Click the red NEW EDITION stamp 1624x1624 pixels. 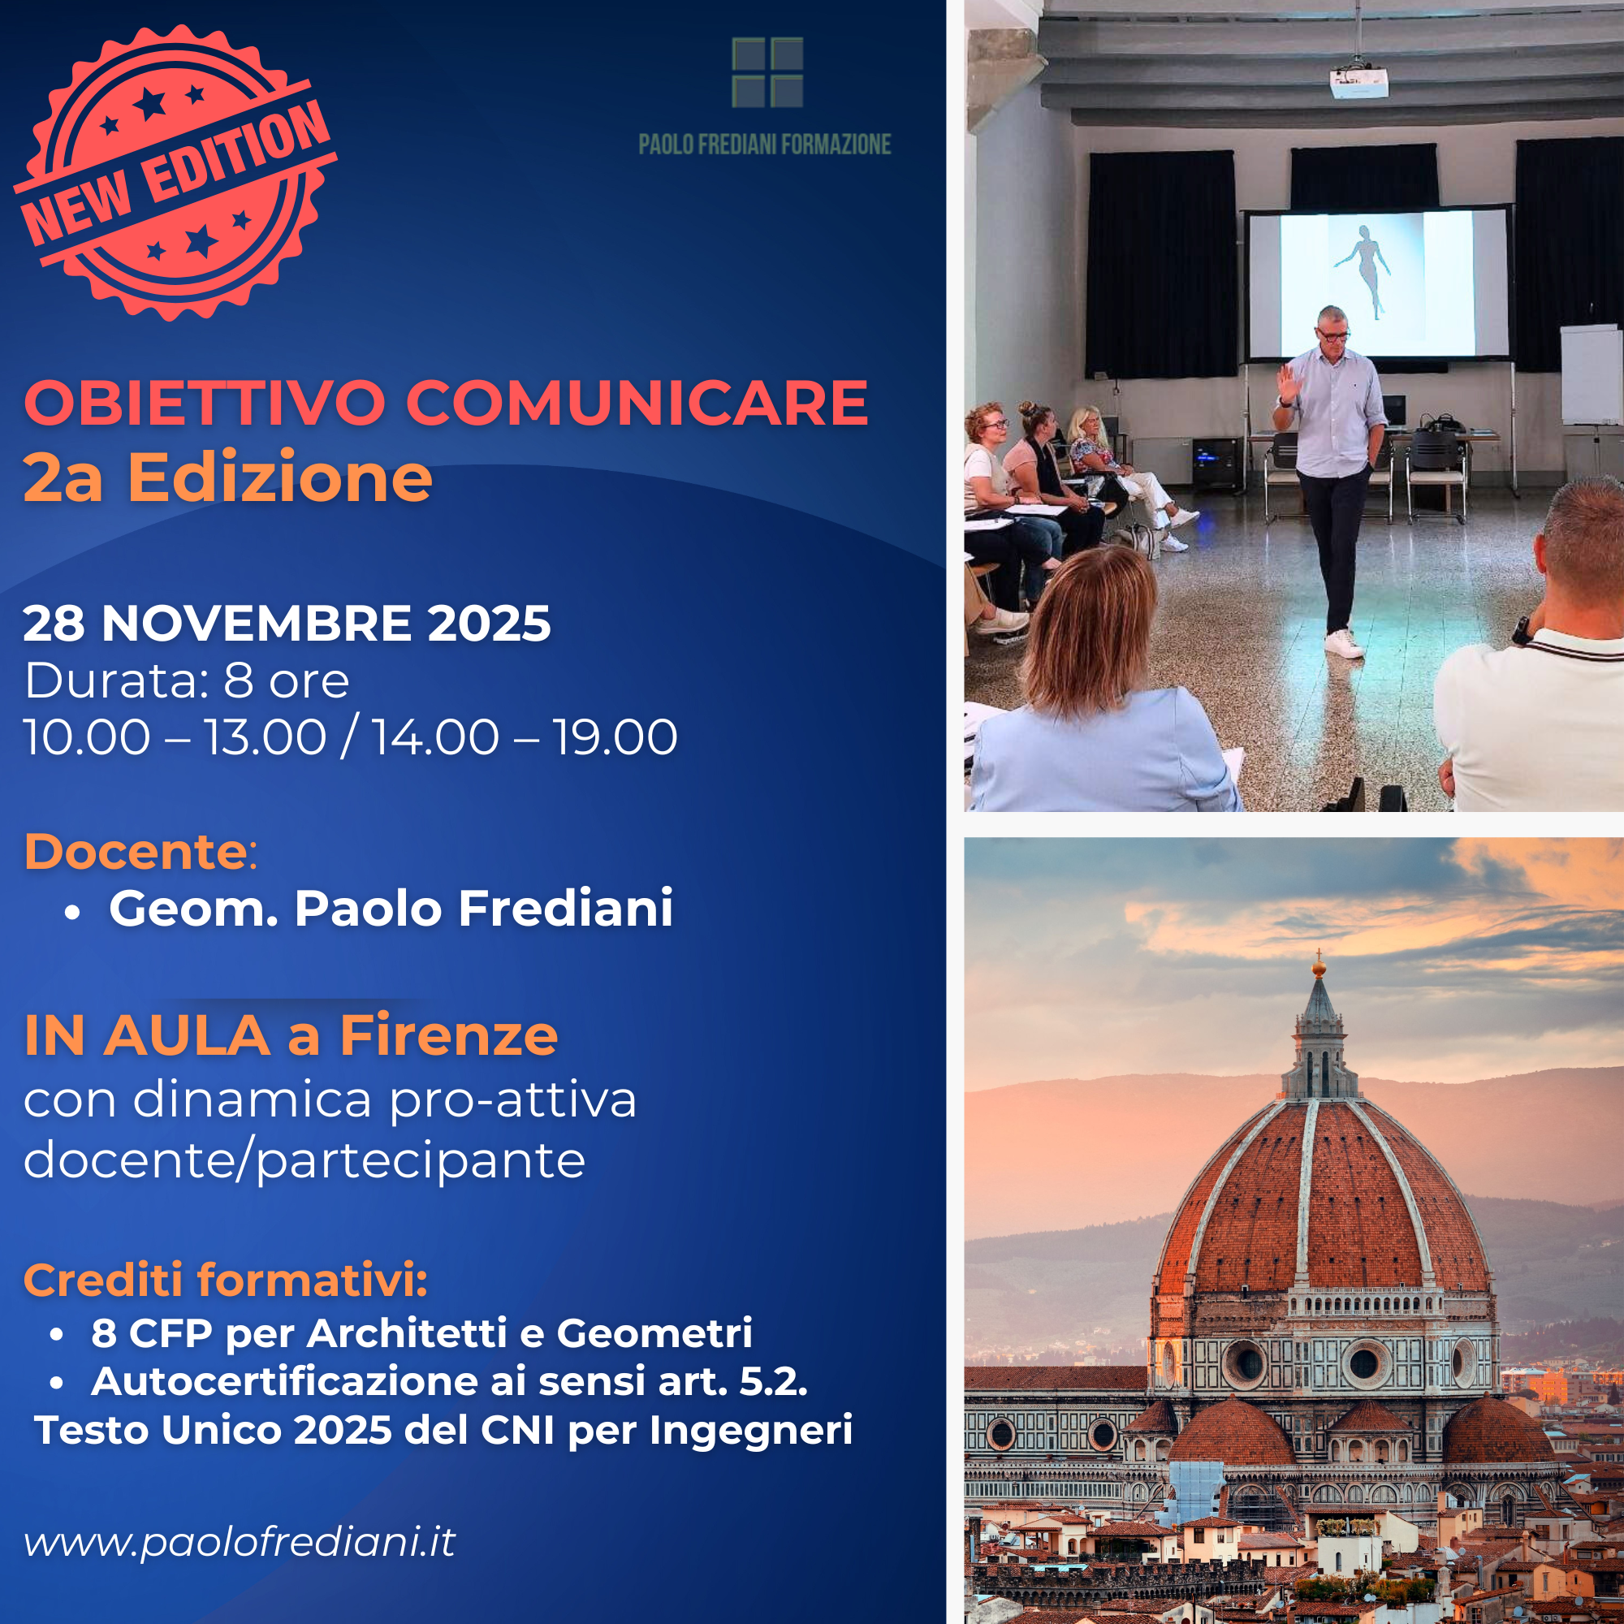coord(175,172)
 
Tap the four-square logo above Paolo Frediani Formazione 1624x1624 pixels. coord(767,72)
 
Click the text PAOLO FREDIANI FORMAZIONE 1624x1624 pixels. coord(764,145)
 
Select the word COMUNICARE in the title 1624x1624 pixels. coord(637,403)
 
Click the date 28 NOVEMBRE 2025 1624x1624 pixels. coord(287,623)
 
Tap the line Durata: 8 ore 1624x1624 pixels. coord(187,680)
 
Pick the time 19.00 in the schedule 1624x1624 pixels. coord(615,737)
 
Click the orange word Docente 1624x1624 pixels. coord(136,852)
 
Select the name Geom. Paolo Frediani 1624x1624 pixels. coord(391,909)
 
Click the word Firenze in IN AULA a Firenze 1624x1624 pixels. coord(449,1035)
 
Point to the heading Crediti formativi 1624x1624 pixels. coord(226,1281)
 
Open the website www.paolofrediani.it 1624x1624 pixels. coord(240,1542)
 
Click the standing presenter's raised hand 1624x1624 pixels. coord(1288,384)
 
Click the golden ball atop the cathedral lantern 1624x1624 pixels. coord(1319,970)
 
